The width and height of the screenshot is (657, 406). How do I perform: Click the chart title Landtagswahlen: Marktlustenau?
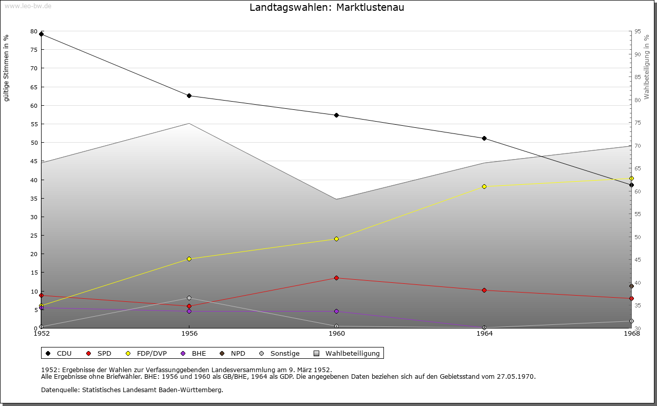point(327,8)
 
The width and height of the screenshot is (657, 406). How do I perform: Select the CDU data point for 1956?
point(189,96)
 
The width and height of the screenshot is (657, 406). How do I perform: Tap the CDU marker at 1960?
point(336,115)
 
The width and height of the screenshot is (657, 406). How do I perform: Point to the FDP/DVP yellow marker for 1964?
point(484,187)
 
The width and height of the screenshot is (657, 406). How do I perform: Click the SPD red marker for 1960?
point(336,278)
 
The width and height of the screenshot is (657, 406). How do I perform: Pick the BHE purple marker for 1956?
point(189,312)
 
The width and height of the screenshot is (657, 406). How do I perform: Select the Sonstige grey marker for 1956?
point(189,298)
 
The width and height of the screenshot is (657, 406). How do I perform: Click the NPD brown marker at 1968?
point(631,286)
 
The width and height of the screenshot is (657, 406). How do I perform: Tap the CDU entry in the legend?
point(59,354)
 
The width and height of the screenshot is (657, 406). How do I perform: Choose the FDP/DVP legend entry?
point(147,354)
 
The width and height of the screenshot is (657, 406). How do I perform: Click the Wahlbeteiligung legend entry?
point(347,354)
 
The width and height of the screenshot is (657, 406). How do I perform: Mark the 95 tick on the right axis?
point(637,32)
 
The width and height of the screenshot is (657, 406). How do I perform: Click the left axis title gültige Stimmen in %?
point(7,68)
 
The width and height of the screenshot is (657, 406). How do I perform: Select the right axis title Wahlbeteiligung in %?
point(647,67)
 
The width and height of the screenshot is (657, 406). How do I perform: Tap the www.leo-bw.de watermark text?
point(27,6)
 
